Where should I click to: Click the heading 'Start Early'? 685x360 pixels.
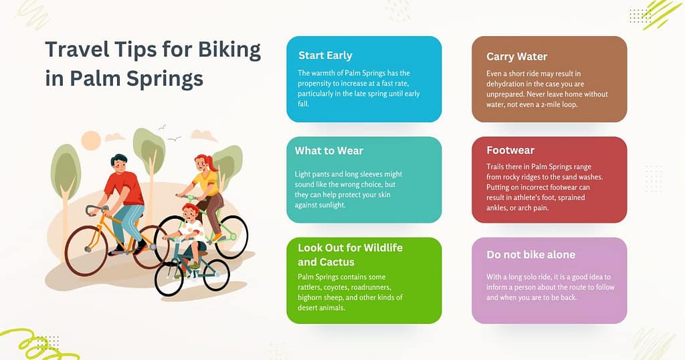(x=325, y=56)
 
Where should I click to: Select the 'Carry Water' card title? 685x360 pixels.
(x=516, y=56)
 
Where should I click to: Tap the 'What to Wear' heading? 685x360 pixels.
(x=329, y=151)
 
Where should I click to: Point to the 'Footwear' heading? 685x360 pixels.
(x=510, y=151)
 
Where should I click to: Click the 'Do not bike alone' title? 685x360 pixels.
(x=530, y=254)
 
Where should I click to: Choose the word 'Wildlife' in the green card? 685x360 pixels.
(x=379, y=248)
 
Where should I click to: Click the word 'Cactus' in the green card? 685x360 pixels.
(x=338, y=262)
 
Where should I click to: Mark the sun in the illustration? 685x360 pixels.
(x=91, y=141)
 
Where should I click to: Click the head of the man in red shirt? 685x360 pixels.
(x=119, y=163)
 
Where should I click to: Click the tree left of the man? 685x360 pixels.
(x=66, y=171)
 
